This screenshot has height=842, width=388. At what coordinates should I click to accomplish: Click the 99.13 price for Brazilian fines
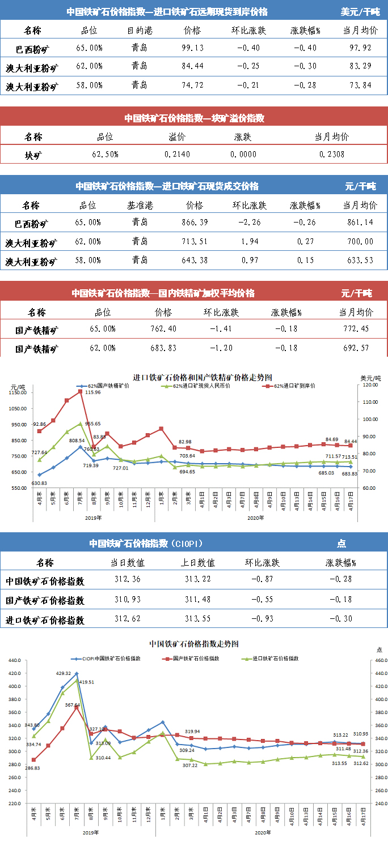(193, 48)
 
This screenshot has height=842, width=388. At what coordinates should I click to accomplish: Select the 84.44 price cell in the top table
(193, 67)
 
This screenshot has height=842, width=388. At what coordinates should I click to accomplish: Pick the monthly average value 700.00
(360, 242)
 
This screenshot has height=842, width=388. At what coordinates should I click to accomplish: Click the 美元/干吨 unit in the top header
(360, 11)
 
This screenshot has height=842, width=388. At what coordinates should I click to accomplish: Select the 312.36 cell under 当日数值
(128, 580)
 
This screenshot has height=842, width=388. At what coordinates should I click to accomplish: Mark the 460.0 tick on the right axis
(380, 660)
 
